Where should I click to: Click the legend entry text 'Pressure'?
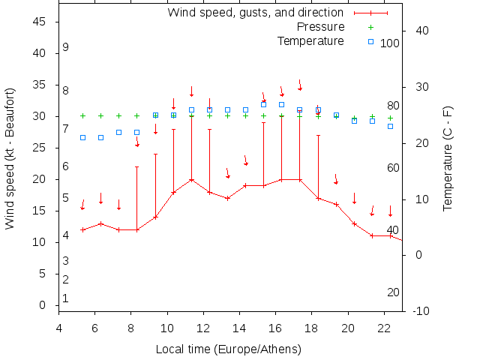click(319, 27)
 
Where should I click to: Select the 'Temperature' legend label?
click(310, 41)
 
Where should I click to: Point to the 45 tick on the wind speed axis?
click(40, 22)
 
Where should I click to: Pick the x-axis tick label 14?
click(239, 327)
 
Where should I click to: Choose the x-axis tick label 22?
click(384, 327)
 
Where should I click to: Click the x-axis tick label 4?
click(58, 327)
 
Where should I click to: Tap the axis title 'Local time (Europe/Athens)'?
click(228, 349)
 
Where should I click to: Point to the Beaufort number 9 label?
click(66, 47)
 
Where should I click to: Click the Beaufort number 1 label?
click(66, 298)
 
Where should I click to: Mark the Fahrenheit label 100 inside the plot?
click(390, 43)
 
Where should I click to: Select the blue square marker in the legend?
click(370, 41)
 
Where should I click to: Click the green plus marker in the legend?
click(370, 27)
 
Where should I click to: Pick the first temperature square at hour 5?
click(82, 137)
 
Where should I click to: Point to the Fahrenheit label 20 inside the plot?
click(393, 292)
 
